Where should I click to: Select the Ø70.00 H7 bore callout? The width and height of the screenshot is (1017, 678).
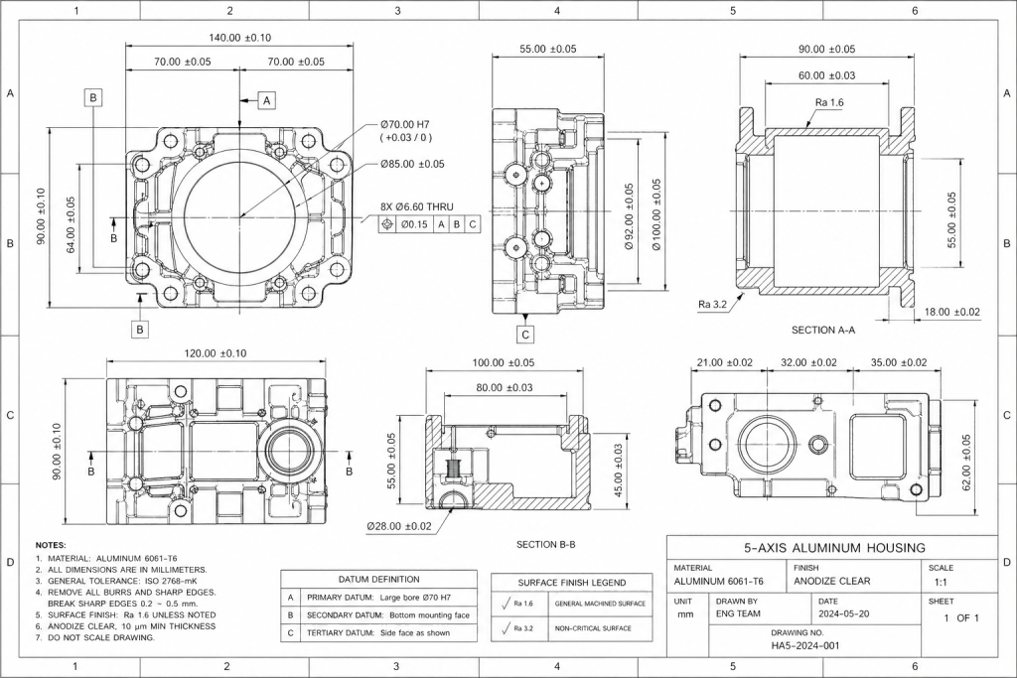pos(412,124)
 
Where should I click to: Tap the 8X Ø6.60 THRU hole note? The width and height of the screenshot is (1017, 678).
pos(416,206)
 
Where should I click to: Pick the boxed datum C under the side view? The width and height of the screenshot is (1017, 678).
pos(526,335)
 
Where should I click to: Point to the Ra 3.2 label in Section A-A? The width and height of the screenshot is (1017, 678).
pos(714,305)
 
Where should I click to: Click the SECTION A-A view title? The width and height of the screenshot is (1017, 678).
pos(823,330)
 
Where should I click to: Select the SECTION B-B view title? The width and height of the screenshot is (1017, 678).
pos(546,545)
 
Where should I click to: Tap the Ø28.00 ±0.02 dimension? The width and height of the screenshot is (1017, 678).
pos(398,525)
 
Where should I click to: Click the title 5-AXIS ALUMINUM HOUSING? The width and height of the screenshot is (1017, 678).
pos(834,547)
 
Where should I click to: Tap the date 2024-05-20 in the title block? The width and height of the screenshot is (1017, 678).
pos(844,613)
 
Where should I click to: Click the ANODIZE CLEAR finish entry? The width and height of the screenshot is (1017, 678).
pos(832,581)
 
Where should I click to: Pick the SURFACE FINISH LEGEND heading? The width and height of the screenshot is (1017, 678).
pos(571,583)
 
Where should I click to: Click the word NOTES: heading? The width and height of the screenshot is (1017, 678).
pos(51,546)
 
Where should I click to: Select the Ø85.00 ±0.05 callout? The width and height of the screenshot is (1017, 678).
pos(411,164)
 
